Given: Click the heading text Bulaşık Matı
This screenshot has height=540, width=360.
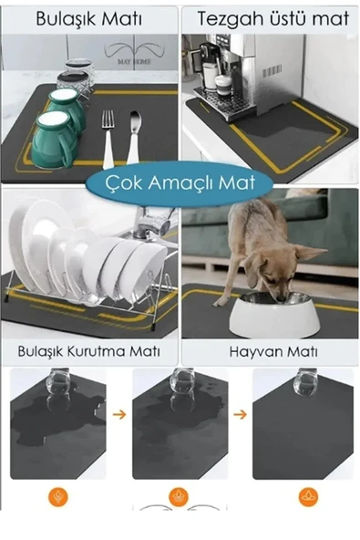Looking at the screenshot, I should click(88, 17).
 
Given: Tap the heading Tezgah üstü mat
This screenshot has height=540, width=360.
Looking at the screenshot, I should click(271, 17).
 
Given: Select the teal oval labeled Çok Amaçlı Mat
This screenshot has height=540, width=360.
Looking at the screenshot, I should click(180, 182).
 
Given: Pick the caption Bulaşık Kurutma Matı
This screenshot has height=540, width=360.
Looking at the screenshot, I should click(88, 352).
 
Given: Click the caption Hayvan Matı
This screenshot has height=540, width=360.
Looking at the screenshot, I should click(271, 352).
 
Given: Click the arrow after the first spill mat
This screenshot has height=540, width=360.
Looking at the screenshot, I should click(118, 414).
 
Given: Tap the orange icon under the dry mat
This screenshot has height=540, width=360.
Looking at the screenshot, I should click(308, 497).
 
